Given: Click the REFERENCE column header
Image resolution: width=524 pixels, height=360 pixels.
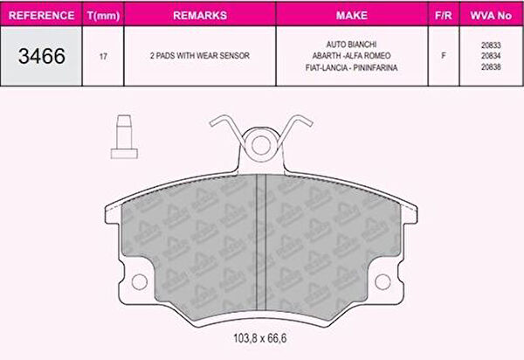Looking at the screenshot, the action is (41, 15).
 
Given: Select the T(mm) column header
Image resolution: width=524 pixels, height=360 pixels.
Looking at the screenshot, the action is (103, 16).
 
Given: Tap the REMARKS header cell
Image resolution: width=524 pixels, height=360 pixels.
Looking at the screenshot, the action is (200, 15).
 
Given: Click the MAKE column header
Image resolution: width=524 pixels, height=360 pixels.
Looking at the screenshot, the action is (352, 15).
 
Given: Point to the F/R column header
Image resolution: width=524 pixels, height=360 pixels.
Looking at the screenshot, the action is (444, 15).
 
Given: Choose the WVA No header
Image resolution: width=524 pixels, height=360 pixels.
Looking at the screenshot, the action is (491, 15).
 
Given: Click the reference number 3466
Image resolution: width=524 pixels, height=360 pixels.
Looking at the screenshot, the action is (42, 56).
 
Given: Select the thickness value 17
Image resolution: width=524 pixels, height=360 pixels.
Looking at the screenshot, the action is (103, 56).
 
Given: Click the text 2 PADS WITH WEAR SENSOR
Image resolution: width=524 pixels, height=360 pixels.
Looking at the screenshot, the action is (200, 56).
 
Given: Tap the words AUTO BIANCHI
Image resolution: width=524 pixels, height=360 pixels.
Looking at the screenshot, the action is (352, 44).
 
